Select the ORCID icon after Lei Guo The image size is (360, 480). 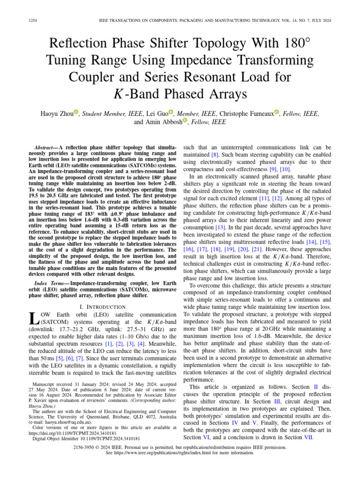171,112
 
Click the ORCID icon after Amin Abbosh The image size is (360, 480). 185,121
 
